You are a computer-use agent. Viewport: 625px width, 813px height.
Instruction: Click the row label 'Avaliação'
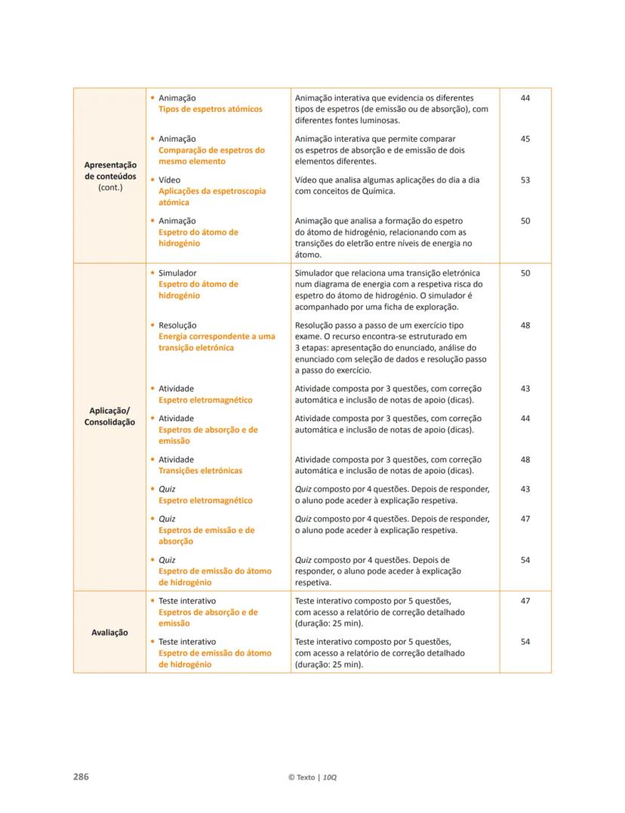click(110, 633)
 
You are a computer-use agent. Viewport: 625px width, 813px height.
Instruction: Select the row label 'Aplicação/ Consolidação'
click(110, 416)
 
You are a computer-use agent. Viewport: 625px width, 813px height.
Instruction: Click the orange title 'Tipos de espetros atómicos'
click(210, 109)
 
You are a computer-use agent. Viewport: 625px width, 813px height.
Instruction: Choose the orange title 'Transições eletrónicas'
click(200, 470)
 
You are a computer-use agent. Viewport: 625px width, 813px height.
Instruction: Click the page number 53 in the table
click(525, 180)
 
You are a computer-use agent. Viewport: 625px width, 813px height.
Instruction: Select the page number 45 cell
click(525, 140)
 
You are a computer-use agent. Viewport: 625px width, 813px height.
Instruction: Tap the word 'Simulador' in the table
click(177, 273)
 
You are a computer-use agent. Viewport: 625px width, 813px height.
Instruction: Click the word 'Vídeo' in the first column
click(169, 180)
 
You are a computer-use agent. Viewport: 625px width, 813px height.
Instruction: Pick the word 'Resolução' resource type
click(177, 325)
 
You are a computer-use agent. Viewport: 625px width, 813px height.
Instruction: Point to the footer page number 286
click(81, 777)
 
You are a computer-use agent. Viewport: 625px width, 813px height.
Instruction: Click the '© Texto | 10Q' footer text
click(312, 778)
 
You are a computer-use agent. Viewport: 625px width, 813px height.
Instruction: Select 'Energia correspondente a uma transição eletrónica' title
click(217, 342)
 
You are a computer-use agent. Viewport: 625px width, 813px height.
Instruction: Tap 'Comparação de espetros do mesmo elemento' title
click(211, 156)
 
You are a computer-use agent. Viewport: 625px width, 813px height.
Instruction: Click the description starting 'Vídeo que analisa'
click(386, 186)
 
